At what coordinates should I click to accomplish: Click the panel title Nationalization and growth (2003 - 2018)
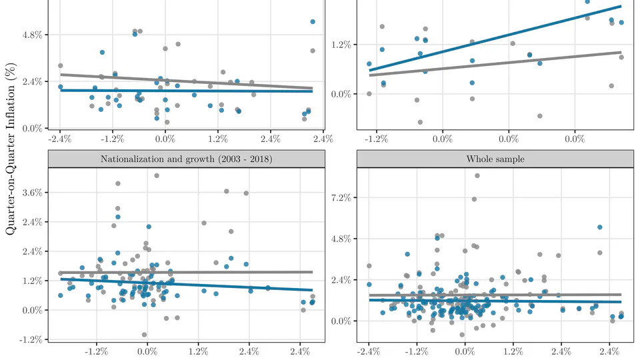tap(186, 159)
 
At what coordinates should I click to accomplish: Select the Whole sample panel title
tap(495, 159)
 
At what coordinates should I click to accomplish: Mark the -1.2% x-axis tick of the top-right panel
tap(377, 139)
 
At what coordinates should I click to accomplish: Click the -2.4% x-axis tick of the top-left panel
tap(59, 139)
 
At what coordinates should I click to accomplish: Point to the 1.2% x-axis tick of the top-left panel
tap(217, 139)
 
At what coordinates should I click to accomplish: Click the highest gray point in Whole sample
tap(477, 175)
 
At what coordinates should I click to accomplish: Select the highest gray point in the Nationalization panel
tap(157, 175)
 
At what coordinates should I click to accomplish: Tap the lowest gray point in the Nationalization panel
tap(144, 335)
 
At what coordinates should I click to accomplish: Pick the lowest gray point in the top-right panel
tap(420, 122)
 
